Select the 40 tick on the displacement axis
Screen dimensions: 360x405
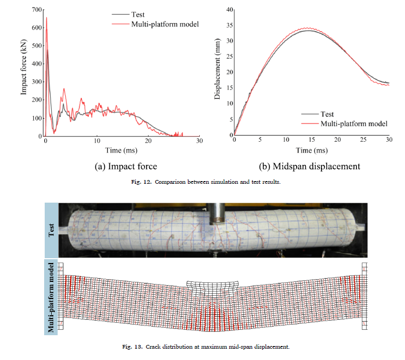coord(229,10)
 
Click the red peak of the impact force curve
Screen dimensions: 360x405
coord(46,18)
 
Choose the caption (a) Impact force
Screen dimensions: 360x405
coord(126,167)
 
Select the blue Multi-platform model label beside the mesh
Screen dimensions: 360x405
coord(52,297)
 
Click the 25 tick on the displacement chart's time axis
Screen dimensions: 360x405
coord(362,140)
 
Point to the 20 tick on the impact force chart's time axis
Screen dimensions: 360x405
coord(148,141)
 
